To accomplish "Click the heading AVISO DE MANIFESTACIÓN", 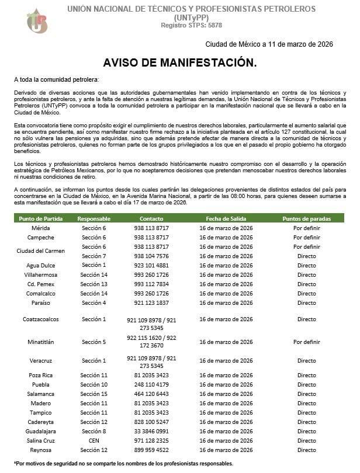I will point(179,62).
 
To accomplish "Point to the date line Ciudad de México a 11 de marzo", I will point(274,44).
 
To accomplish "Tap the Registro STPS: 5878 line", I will point(191,25).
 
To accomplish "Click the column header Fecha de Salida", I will point(226,218).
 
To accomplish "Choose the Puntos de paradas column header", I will point(306,218).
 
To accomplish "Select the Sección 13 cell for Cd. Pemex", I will point(94,284).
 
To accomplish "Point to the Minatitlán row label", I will point(41,342).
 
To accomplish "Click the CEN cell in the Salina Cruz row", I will point(94,440).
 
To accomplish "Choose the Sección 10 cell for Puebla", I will point(94,384).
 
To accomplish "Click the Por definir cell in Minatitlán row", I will point(306,342).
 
